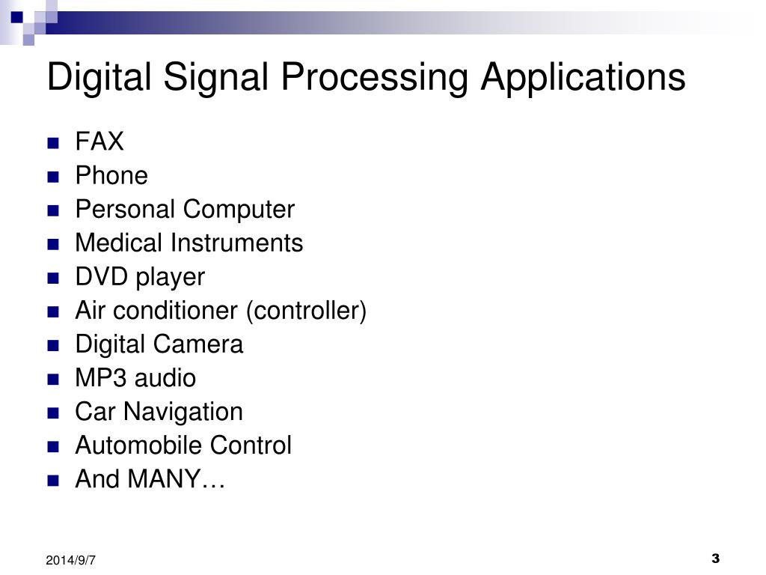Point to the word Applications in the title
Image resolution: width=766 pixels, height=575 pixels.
point(583,78)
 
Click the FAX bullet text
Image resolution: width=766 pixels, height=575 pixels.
point(99,142)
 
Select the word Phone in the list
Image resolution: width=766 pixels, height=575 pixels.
point(111,176)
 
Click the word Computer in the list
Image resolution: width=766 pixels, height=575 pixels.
point(239,210)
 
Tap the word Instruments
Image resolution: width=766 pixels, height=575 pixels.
point(237,243)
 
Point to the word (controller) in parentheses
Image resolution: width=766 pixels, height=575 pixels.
point(306,311)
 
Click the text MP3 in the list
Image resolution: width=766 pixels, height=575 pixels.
point(99,378)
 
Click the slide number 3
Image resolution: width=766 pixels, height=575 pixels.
point(715,559)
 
